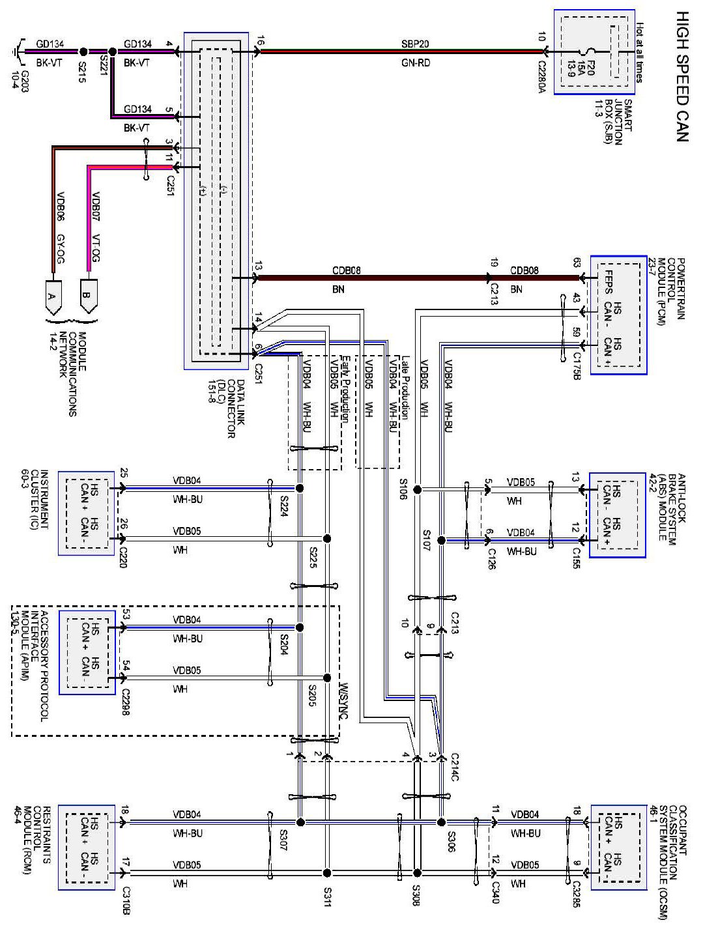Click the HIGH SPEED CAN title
point(681,76)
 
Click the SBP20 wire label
point(415,44)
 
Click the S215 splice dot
point(83,51)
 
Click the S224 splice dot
point(300,488)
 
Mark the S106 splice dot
point(418,489)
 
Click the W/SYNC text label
point(345,700)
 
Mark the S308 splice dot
point(418,873)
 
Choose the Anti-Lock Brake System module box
point(617,515)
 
